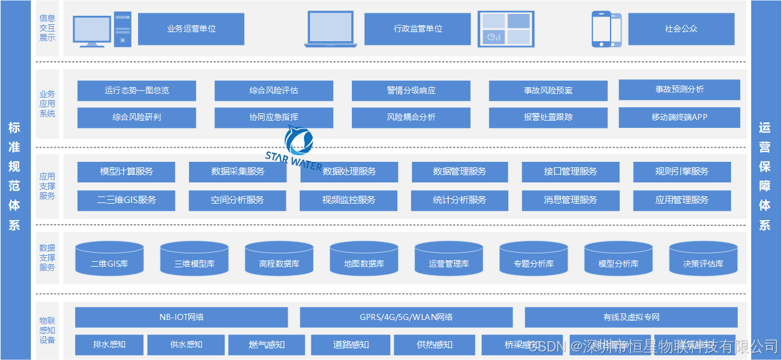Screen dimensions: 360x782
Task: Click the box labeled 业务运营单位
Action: pos(191,28)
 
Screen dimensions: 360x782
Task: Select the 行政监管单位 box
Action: pos(417,28)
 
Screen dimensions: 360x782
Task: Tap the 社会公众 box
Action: pos(681,28)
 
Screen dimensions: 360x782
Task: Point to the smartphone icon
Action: pos(606,29)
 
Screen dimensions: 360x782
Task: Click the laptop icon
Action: pos(330,29)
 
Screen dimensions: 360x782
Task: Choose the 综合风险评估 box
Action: pos(274,90)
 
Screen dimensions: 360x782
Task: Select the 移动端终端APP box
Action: pos(679,117)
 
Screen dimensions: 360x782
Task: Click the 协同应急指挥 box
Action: pos(274,118)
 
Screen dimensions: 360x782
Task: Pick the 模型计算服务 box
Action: pos(126,172)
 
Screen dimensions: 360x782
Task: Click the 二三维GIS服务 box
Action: pos(126,200)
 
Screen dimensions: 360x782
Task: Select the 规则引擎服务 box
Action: pos(681,172)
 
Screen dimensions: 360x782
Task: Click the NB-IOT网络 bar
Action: pos(181,317)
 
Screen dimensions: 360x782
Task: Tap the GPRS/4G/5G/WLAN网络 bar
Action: pos(406,317)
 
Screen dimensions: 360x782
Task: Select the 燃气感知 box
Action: pos(267,344)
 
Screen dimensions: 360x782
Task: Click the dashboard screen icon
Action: pos(506,29)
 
